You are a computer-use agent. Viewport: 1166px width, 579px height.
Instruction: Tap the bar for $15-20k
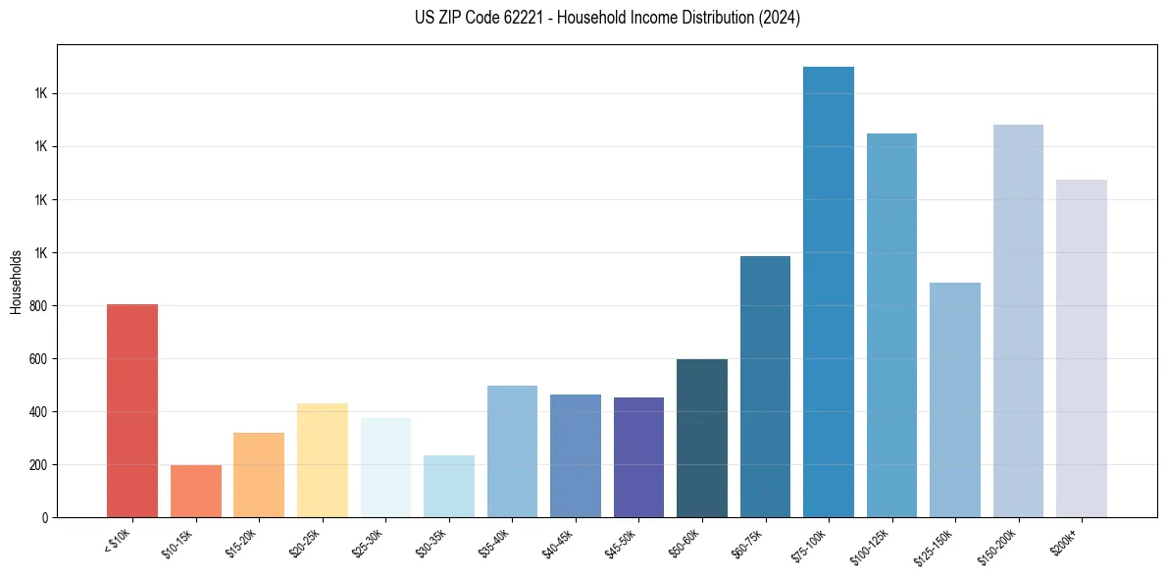[259, 475]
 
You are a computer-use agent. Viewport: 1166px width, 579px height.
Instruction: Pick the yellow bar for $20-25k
[322, 460]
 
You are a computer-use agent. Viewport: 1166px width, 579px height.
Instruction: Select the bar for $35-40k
[512, 451]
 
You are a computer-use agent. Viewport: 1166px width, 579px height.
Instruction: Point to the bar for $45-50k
[638, 457]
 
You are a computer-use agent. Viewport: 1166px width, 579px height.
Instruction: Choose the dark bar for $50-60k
[702, 438]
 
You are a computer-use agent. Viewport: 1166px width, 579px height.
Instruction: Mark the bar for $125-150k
[955, 399]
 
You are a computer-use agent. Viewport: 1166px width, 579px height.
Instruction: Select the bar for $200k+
[1082, 348]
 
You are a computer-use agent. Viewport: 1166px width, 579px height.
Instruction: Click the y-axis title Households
[16, 282]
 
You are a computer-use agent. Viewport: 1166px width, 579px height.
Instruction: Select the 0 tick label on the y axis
[44, 518]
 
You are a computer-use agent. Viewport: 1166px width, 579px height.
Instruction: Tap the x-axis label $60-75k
[749, 541]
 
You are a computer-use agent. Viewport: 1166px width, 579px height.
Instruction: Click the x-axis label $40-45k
[559, 541]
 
